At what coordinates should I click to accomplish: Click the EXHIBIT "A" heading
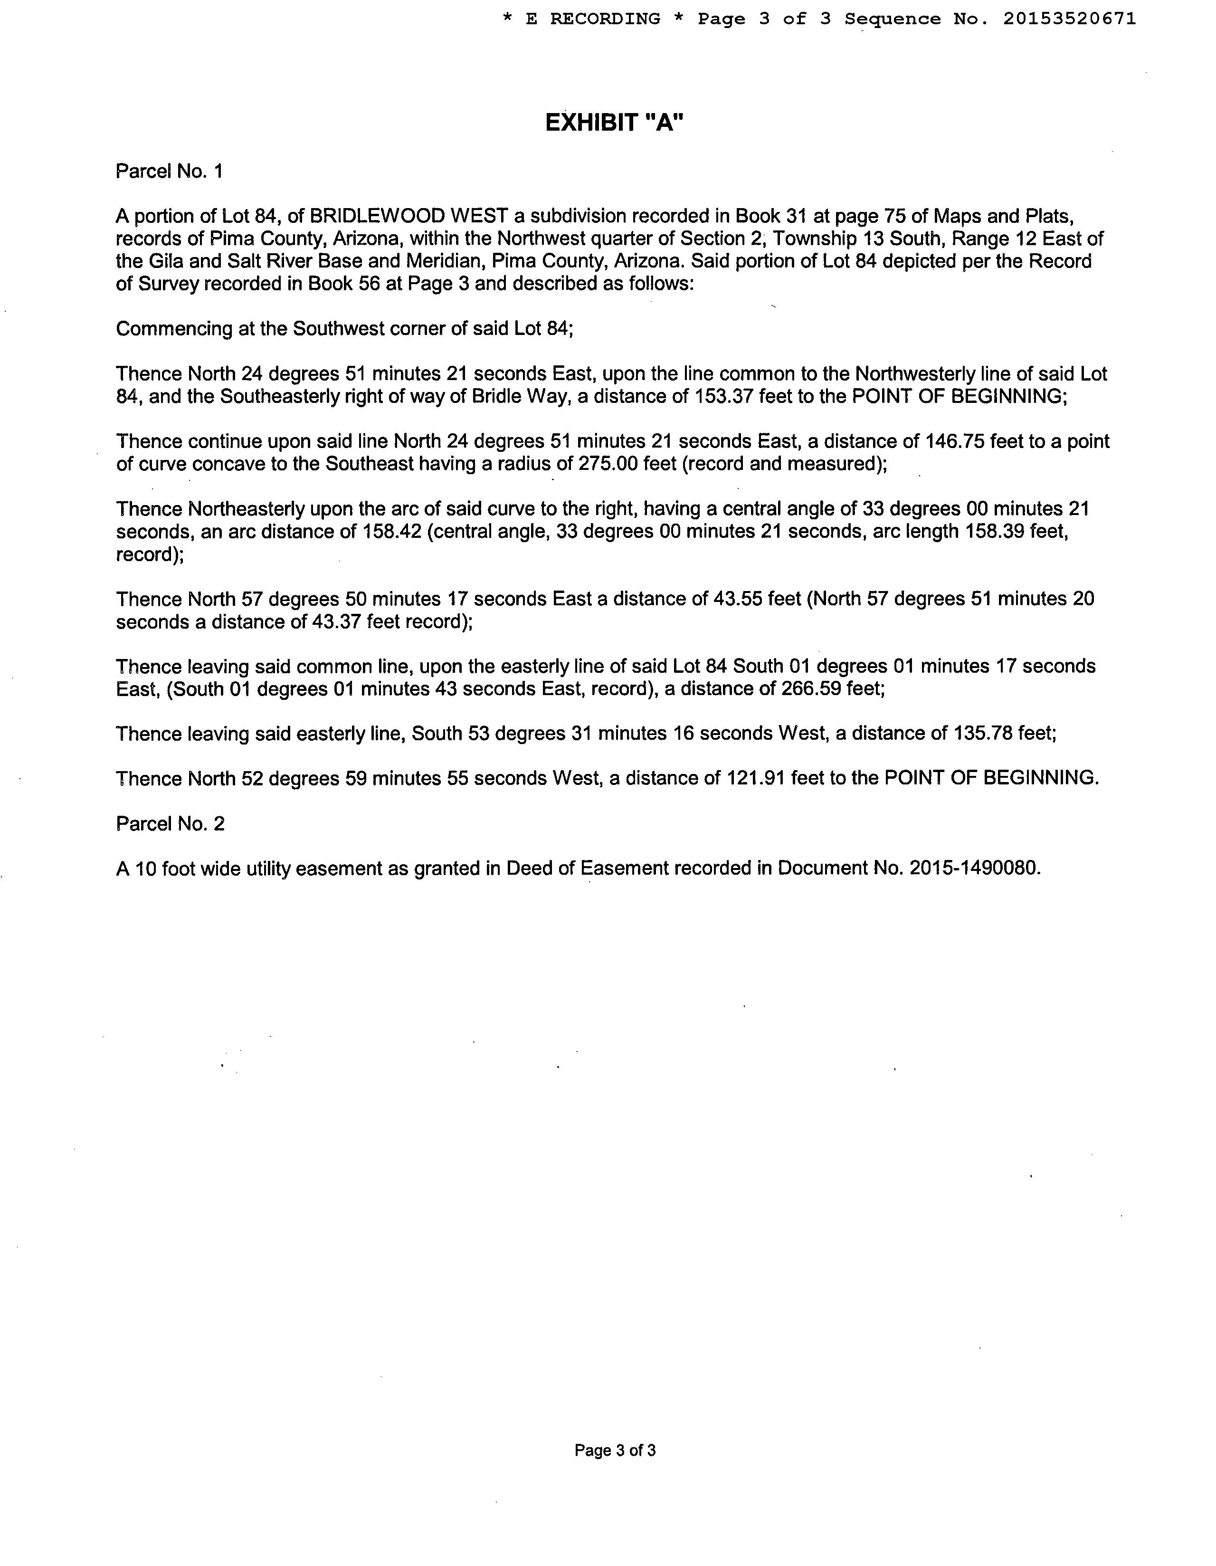(x=615, y=124)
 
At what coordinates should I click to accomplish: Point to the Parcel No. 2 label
(x=170, y=824)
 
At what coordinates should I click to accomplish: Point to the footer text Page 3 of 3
(x=615, y=1451)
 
